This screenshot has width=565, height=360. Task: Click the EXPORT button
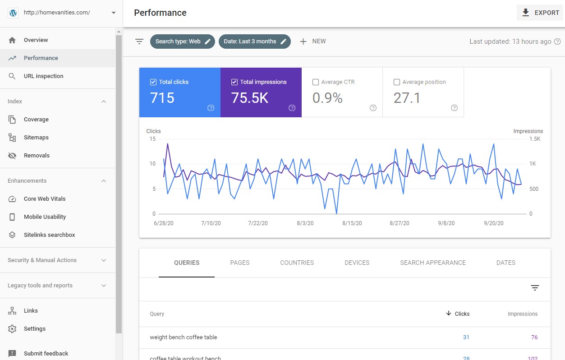(540, 13)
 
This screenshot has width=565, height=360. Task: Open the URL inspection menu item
(43, 76)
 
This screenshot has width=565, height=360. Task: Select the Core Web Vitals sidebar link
(44, 199)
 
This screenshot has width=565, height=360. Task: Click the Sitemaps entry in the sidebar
(36, 138)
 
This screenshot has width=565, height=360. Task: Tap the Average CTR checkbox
(316, 82)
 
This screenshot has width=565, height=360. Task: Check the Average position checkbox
(397, 82)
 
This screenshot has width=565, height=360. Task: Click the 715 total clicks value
(162, 98)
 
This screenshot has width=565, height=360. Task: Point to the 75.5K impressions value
(249, 98)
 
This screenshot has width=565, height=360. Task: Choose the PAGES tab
(239, 263)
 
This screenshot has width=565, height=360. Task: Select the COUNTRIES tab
(297, 263)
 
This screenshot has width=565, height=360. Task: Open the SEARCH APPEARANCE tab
(432, 263)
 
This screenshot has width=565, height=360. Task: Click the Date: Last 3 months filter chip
(255, 42)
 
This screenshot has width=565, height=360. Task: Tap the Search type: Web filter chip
(182, 42)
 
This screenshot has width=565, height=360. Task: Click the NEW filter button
(313, 42)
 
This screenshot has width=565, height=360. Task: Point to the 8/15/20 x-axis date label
(352, 223)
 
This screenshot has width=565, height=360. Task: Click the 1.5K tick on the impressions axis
(534, 139)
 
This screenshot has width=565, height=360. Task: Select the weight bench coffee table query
(184, 337)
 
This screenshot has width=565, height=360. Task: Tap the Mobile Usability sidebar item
(45, 217)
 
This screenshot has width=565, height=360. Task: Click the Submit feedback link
(46, 354)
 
